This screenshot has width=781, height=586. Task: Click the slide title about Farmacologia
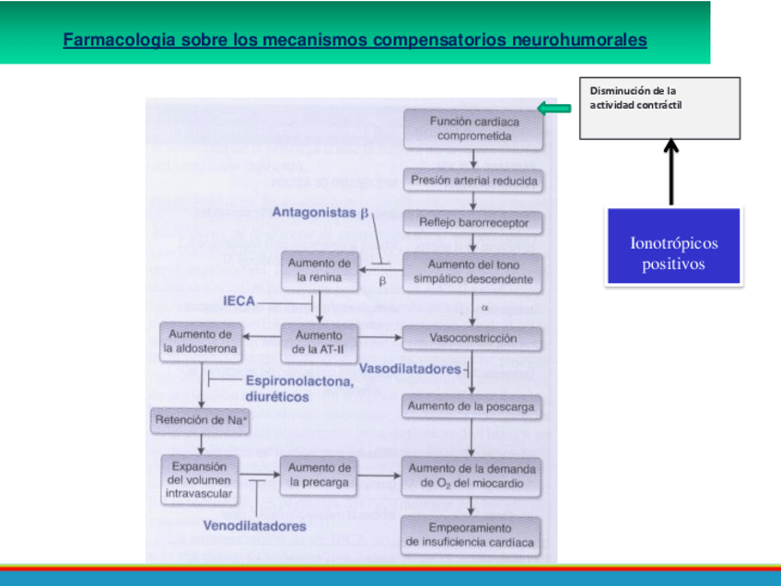tap(355, 41)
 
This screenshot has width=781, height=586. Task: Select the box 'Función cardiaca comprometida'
tap(473, 129)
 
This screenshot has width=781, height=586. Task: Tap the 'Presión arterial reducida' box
tap(473, 181)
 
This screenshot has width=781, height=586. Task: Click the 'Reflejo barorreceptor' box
tap(473, 223)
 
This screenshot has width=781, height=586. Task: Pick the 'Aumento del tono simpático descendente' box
tap(473, 272)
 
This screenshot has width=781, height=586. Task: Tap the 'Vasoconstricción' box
tap(473, 338)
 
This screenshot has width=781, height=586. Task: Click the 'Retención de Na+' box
tap(202, 421)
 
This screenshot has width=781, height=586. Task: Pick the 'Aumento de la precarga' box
tap(320, 475)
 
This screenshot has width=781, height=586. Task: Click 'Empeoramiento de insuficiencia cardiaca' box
tap(470, 535)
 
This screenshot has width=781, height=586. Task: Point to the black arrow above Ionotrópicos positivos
tap(670, 171)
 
